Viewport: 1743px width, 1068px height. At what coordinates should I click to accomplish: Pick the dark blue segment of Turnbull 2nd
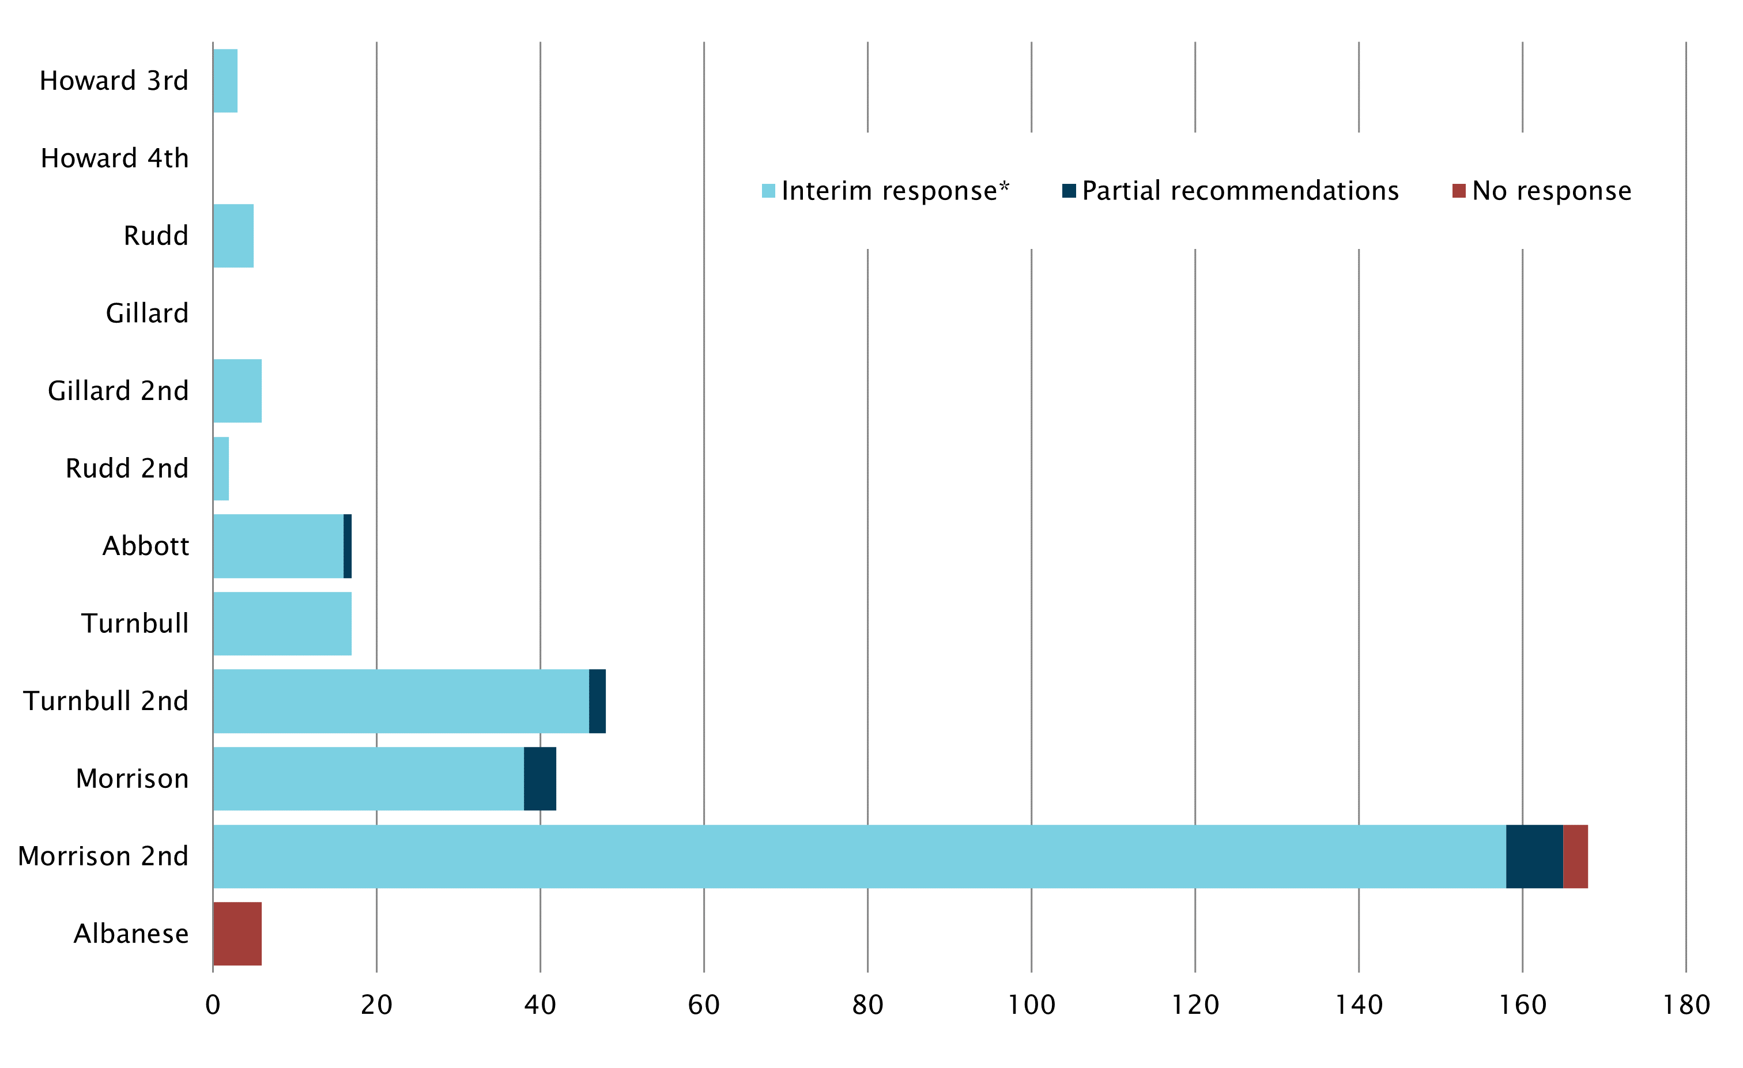point(597,701)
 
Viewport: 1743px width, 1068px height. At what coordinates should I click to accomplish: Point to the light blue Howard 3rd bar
point(225,81)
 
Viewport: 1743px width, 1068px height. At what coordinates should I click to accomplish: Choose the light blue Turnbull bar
point(282,623)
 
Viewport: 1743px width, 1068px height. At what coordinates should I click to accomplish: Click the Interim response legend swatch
point(768,191)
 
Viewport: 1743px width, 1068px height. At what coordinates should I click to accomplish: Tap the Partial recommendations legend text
point(1240,191)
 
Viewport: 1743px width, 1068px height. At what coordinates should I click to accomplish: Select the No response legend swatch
point(1459,191)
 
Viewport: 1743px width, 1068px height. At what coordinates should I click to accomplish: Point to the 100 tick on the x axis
point(1031,1005)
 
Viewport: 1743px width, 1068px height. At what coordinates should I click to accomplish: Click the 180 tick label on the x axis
point(1686,1005)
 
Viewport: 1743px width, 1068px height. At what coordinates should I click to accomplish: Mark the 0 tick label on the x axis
point(213,1005)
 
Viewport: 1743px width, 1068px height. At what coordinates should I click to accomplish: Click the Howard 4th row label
point(115,158)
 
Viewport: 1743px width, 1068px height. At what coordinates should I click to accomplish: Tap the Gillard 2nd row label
point(118,391)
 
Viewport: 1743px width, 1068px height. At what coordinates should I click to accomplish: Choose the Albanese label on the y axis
point(131,934)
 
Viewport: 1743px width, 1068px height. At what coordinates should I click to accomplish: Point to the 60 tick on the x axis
point(704,1005)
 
